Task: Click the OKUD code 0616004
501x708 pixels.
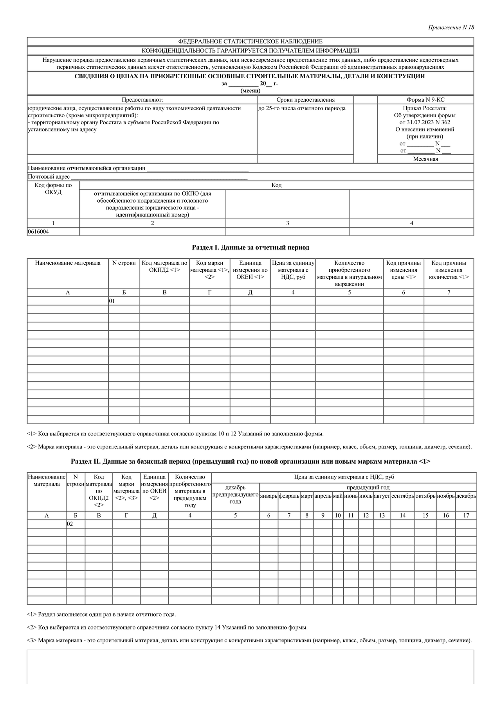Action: click(x=38, y=231)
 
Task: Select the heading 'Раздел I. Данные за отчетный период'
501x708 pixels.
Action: click(x=250, y=247)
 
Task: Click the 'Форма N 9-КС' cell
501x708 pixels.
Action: click(x=425, y=100)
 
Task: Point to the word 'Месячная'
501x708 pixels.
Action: click(x=425, y=159)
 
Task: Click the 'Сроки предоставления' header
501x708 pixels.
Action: click(x=305, y=100)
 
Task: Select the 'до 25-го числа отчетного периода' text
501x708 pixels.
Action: click(x=302, y=108)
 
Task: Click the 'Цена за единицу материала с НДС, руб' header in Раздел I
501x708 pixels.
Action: click(x=293, y=270)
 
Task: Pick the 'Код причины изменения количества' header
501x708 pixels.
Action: click(x=449, y=270)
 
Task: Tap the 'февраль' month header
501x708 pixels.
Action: click(x=289, y=496)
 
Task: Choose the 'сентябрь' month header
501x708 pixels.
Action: click(x=402, y=496)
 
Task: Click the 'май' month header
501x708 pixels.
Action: click(x=338, y=496)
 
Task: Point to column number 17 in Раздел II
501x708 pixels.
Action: click(x=466, y=516)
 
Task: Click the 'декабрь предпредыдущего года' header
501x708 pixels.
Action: click(x=235, y=495)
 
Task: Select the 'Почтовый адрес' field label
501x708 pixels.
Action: click(x=49, y=177)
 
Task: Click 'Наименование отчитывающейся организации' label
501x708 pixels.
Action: click(x=87, y=168)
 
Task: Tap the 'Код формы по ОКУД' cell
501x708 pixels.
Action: click(x=53, y=188)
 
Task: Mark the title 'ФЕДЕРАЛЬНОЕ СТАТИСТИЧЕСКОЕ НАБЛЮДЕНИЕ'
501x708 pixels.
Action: click(x=250, y=41)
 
